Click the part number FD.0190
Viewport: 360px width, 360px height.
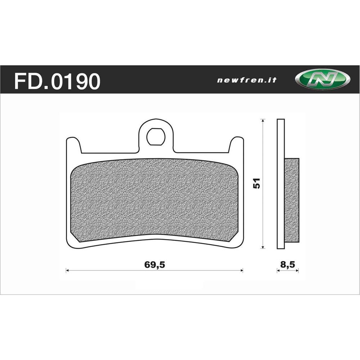(57, 81)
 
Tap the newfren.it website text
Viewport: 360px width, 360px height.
(247, 80)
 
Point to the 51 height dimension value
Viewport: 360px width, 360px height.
(256, 183)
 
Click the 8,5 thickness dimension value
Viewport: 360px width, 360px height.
(288, 265)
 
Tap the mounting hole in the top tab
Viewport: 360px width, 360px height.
(156, 136)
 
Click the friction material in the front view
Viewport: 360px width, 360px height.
(155, 200)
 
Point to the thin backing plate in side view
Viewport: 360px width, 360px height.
(280, 184)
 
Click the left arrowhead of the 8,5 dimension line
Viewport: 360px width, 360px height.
(278, 271)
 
